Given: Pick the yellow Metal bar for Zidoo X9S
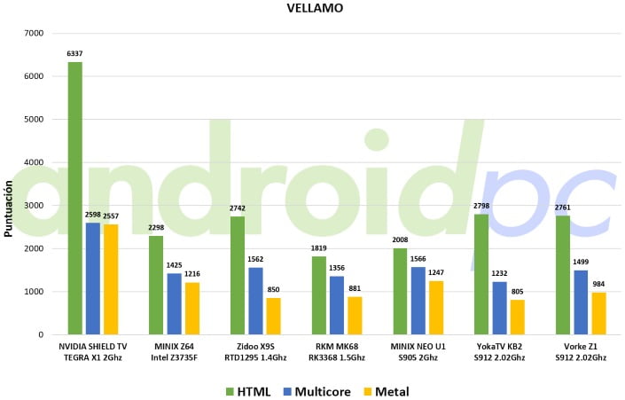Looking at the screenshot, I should (274, 317).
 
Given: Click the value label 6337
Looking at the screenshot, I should (75, 54).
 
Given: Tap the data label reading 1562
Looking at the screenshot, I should (255, 260).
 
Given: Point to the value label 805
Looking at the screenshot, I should (518, 292).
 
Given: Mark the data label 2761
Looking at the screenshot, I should (563, 208).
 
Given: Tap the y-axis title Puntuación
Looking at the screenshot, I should (9, 208).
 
